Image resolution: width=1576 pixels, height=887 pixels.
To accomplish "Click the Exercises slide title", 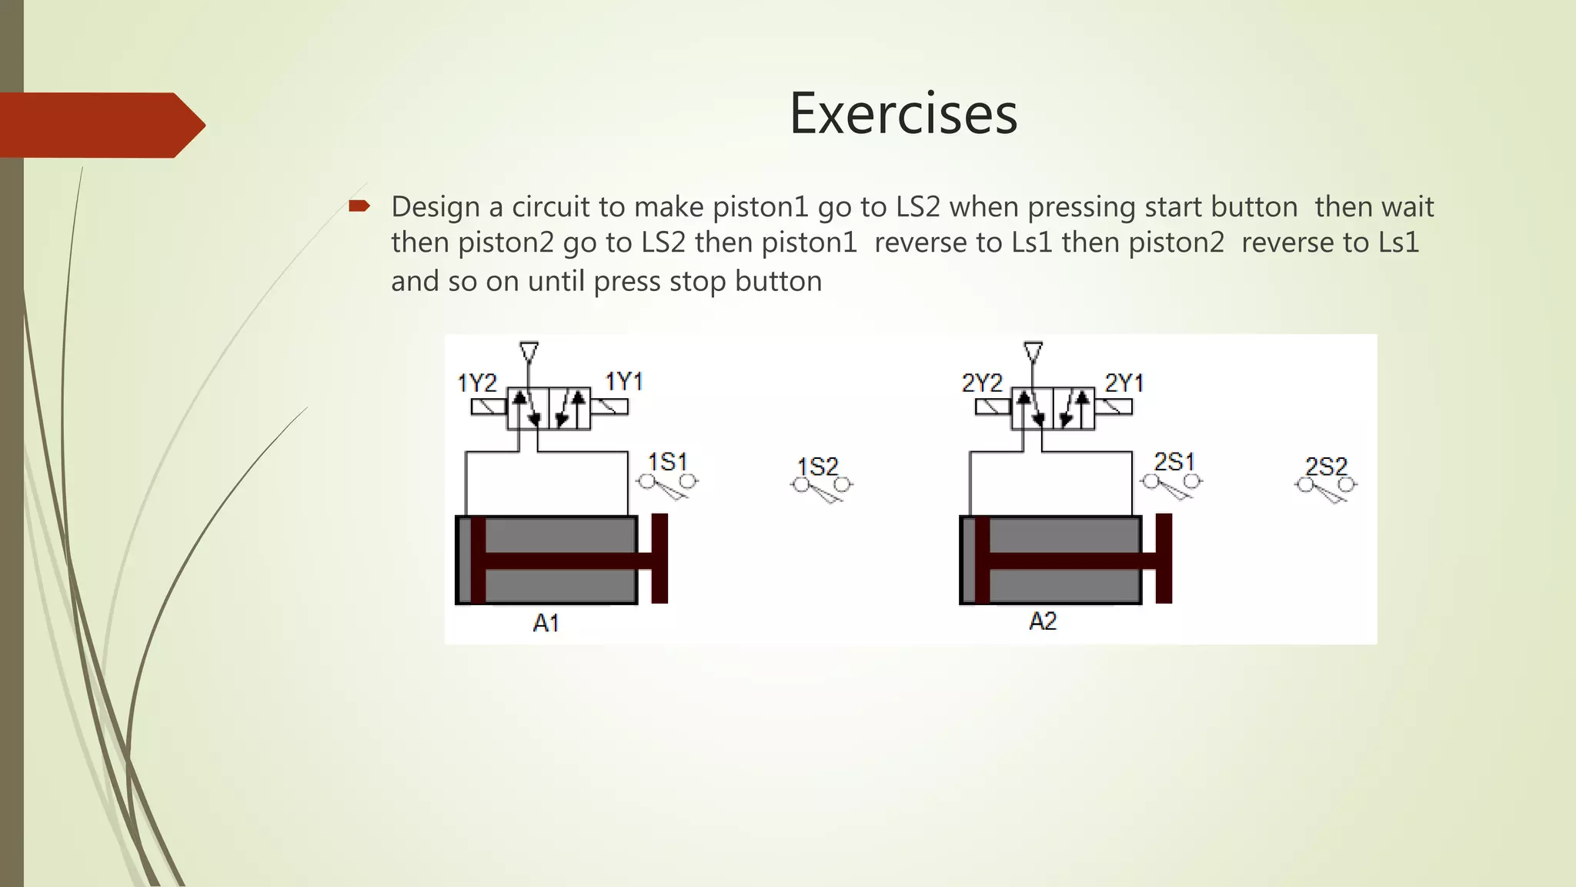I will tap(903, 114).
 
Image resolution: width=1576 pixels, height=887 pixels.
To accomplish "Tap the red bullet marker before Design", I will tap(359, 206).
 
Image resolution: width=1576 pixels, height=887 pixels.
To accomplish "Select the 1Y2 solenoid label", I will tap(477, 383).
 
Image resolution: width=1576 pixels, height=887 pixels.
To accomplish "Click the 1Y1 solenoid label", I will tap(623, 381).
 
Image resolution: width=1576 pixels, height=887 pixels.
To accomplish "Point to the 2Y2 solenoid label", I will tap(982, 383).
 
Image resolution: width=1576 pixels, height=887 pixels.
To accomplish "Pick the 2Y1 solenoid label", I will tap(1124, 383).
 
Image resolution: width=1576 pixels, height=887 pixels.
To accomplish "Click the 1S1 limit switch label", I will tap(667, 462).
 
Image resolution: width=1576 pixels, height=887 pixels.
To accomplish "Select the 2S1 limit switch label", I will tap(1174, 462).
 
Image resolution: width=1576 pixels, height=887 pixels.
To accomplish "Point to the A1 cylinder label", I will tap(546, 622).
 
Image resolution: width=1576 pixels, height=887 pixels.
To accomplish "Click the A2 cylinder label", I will tap(1043, 621).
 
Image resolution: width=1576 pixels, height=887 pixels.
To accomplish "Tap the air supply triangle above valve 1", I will tap(529, 353).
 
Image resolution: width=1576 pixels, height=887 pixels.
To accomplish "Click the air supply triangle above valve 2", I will tap(1033, 353).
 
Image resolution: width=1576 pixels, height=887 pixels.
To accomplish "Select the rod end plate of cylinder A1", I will tap(659, 558).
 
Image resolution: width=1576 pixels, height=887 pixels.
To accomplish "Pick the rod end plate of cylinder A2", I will tap(1164, 558).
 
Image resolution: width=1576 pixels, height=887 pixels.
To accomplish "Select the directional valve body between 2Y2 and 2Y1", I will tap(1052, 409).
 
